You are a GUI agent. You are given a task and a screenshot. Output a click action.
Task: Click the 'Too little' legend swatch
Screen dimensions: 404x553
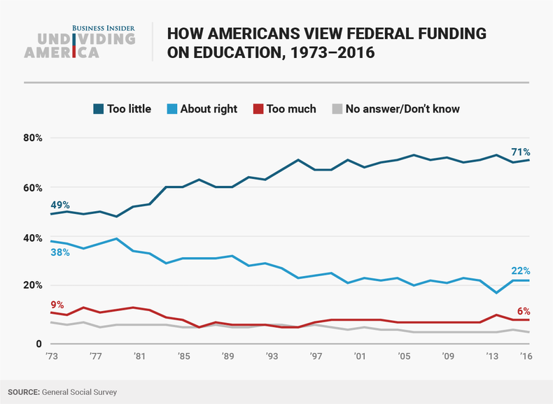point(99,108)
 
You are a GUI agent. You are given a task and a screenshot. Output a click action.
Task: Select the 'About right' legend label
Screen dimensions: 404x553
point(209,108)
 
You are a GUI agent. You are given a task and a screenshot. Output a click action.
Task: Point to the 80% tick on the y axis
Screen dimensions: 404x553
point(33,138)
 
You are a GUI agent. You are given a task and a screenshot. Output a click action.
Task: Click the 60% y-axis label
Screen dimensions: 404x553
point(33,187)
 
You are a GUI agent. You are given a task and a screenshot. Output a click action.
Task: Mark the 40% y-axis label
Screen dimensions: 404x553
point(33,238)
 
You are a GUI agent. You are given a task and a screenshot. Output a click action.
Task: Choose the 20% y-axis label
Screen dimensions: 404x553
point(33,285)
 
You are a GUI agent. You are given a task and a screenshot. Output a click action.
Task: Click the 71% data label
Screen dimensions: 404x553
point(519,152)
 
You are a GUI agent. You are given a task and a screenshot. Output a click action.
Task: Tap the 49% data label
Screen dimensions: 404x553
point(60,205)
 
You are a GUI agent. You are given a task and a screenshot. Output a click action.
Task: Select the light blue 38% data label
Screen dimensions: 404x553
point(59,252)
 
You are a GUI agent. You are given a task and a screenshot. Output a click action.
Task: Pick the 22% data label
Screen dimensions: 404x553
point(519,270)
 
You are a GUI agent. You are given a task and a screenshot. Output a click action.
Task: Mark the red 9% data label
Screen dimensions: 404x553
point(57,304)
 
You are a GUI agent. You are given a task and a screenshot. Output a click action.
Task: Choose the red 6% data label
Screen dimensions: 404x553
point(522,311)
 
